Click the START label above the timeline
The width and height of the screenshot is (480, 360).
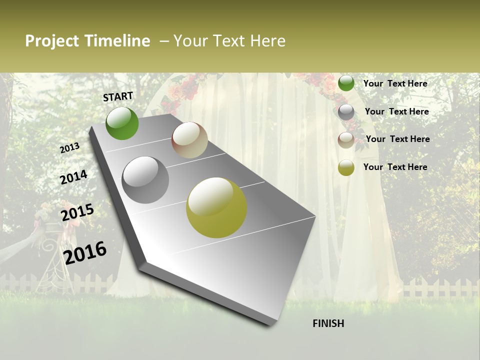coord(118,96)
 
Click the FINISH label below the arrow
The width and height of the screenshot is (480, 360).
coord(328,323)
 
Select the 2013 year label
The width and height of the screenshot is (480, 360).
coord(70,147)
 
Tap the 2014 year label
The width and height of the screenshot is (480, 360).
coord(74,177)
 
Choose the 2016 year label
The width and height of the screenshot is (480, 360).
coord(85,252)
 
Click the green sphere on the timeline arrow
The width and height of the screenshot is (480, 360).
coord(122,123)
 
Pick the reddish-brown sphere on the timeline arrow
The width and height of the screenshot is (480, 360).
coord(189,140)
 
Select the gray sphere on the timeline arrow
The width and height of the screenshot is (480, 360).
coord(145,180)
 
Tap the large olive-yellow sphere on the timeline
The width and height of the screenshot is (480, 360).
coord(216,207)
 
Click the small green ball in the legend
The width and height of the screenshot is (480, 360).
coord(346,83)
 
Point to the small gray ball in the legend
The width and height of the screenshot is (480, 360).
coord(346,112)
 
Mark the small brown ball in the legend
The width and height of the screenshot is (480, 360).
coord(346,139)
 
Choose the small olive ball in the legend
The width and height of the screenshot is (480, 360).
coord(346,167)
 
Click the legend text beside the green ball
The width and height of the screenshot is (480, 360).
coord(395,83)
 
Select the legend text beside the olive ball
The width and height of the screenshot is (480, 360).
coord(395,167)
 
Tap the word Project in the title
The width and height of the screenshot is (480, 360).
coord(51,41)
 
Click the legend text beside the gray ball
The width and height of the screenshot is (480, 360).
coord(396,111)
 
